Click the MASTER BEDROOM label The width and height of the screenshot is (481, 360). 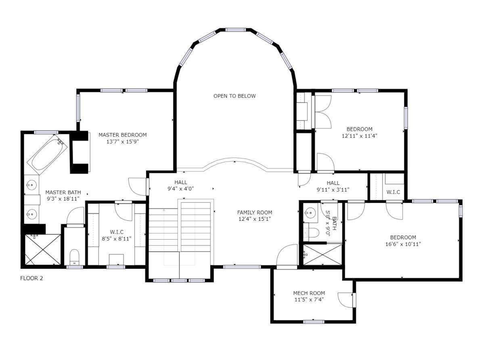point(122,135)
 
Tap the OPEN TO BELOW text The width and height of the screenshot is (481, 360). point(235,96)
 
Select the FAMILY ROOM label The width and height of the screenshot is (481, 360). point(255,212)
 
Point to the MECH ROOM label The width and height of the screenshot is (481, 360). point(309,293)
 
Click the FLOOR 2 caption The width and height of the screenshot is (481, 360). point(31,278)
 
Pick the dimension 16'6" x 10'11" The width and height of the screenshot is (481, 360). point(403,244)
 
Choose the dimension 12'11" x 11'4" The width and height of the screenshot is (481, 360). point(359,136)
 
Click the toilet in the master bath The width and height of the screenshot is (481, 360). point(74,257)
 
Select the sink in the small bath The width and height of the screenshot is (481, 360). point(310,212)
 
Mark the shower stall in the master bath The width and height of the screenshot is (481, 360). point(43,249)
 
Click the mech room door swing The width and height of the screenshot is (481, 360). point(345,299)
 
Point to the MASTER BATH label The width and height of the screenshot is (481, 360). point(63,193)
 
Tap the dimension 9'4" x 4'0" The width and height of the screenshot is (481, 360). point(181,189)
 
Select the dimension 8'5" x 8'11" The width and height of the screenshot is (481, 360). point(117,239)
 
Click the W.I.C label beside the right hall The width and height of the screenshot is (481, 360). point(393,192)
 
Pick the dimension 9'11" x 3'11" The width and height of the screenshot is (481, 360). point(333,190)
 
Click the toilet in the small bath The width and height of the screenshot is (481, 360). point(312,233)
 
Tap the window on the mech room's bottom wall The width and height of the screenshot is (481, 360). point(314,322)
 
